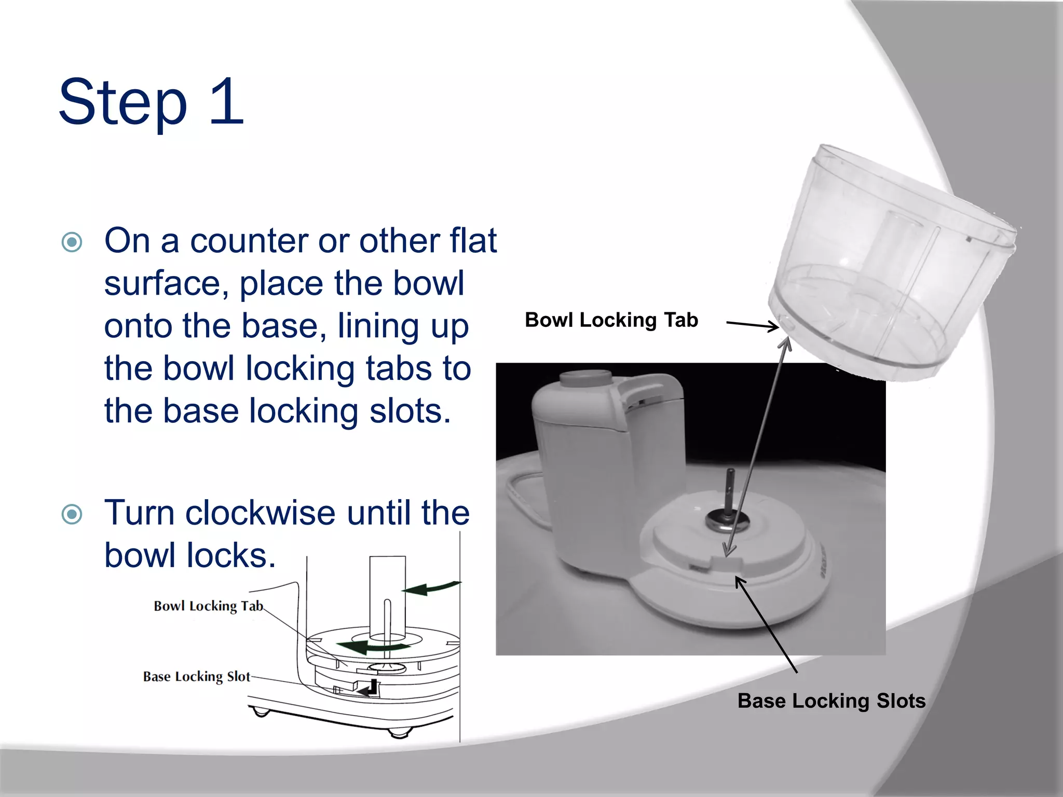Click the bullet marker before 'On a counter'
[72, 242]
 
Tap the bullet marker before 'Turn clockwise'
[72, 514]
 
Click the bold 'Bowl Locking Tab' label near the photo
[611, 320]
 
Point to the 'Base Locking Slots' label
[831, 700]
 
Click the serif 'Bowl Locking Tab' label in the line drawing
[208, 606]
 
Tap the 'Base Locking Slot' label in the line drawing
[196, 676]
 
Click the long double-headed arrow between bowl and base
[758, 446]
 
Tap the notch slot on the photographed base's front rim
[727, 563]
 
